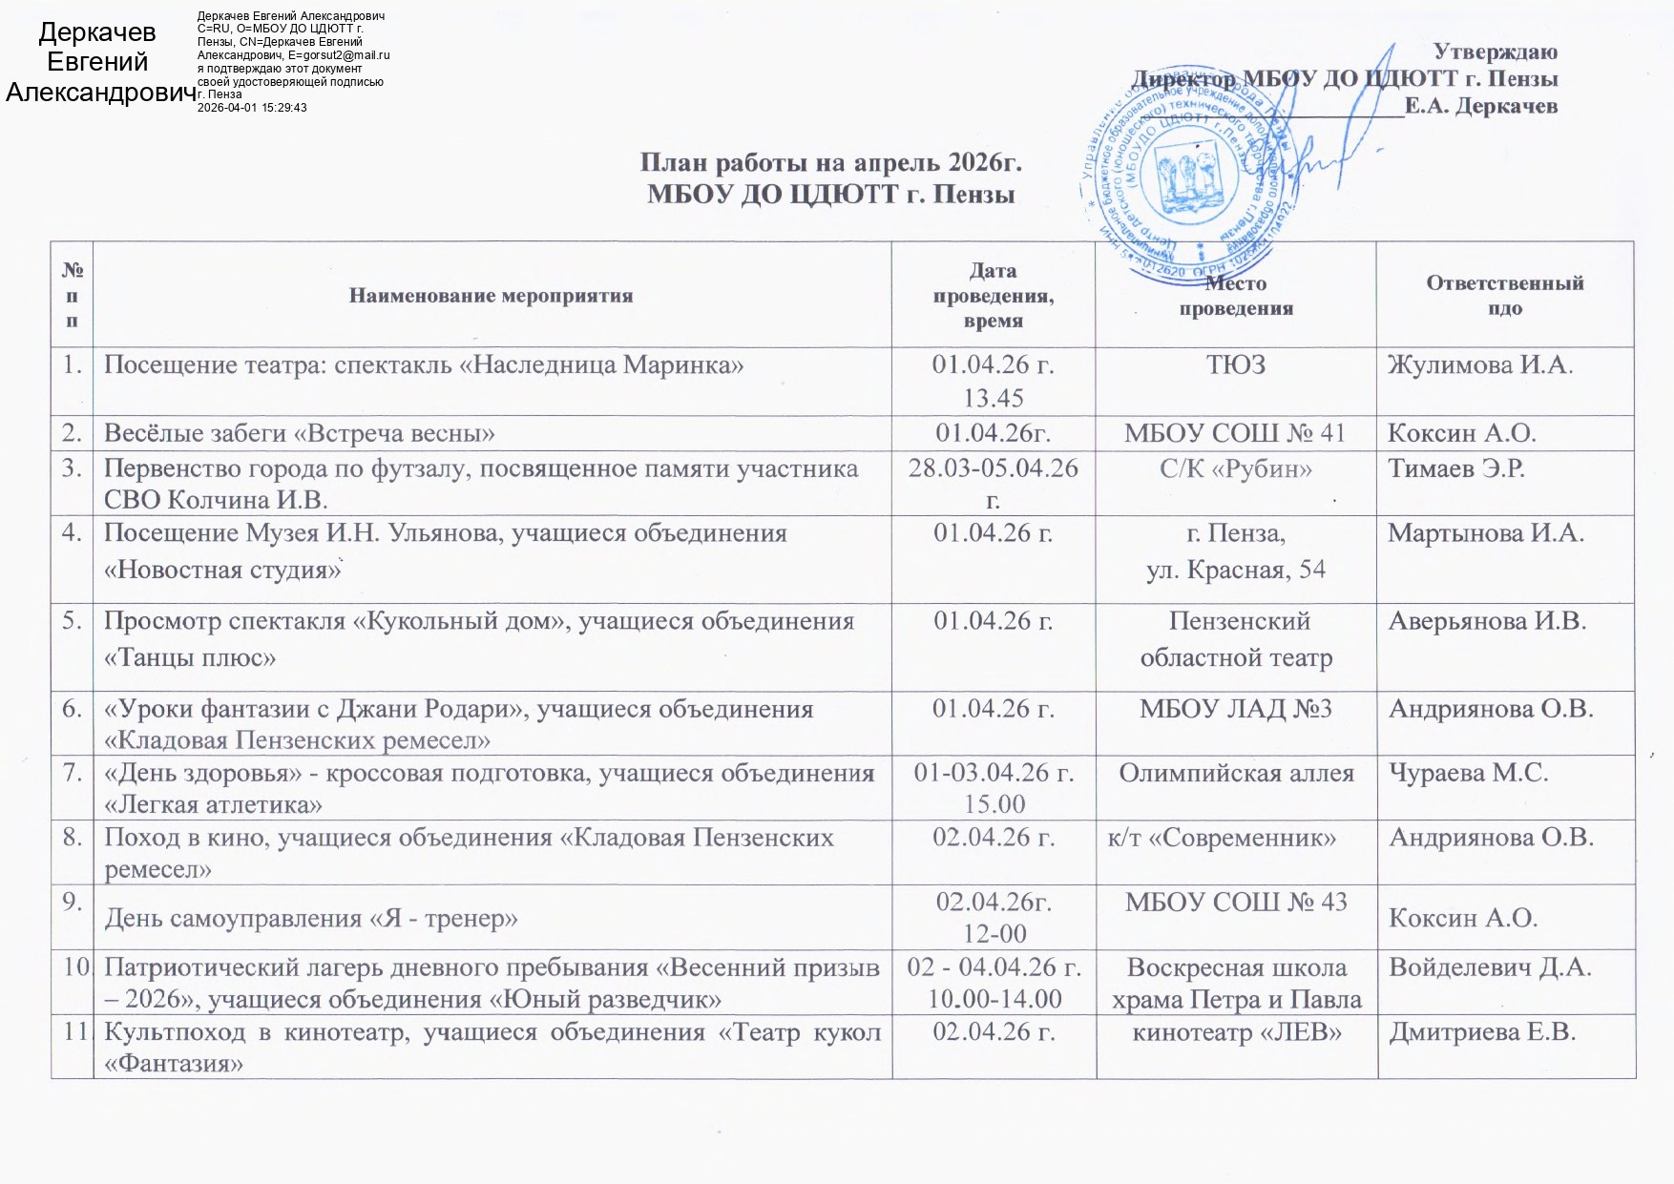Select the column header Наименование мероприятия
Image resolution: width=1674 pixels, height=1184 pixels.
pos(491,296)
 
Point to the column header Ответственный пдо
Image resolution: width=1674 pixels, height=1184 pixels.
pos(1504,295)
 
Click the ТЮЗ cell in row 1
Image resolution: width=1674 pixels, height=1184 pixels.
pos(1236,364)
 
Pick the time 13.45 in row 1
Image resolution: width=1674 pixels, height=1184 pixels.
pos(994,397)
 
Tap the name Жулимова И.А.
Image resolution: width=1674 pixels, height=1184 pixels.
pos(1480,364)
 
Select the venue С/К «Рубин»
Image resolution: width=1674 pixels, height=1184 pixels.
pos(1236,468)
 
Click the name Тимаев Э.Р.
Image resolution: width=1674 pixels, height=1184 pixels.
pos(1455,468)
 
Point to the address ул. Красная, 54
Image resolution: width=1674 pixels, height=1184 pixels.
pos(1236,570)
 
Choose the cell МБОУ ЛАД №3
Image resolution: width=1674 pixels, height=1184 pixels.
pos(1236,709)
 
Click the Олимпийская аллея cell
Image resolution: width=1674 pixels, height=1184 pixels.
pos(1236,773)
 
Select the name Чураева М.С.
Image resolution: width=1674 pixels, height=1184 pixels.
pos(1468,773)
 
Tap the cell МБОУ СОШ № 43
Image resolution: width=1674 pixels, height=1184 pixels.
pos(1236,902)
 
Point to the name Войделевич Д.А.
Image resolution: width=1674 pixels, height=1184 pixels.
pos(1490,966)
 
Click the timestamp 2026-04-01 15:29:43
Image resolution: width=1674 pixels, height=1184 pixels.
pos(252,108)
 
